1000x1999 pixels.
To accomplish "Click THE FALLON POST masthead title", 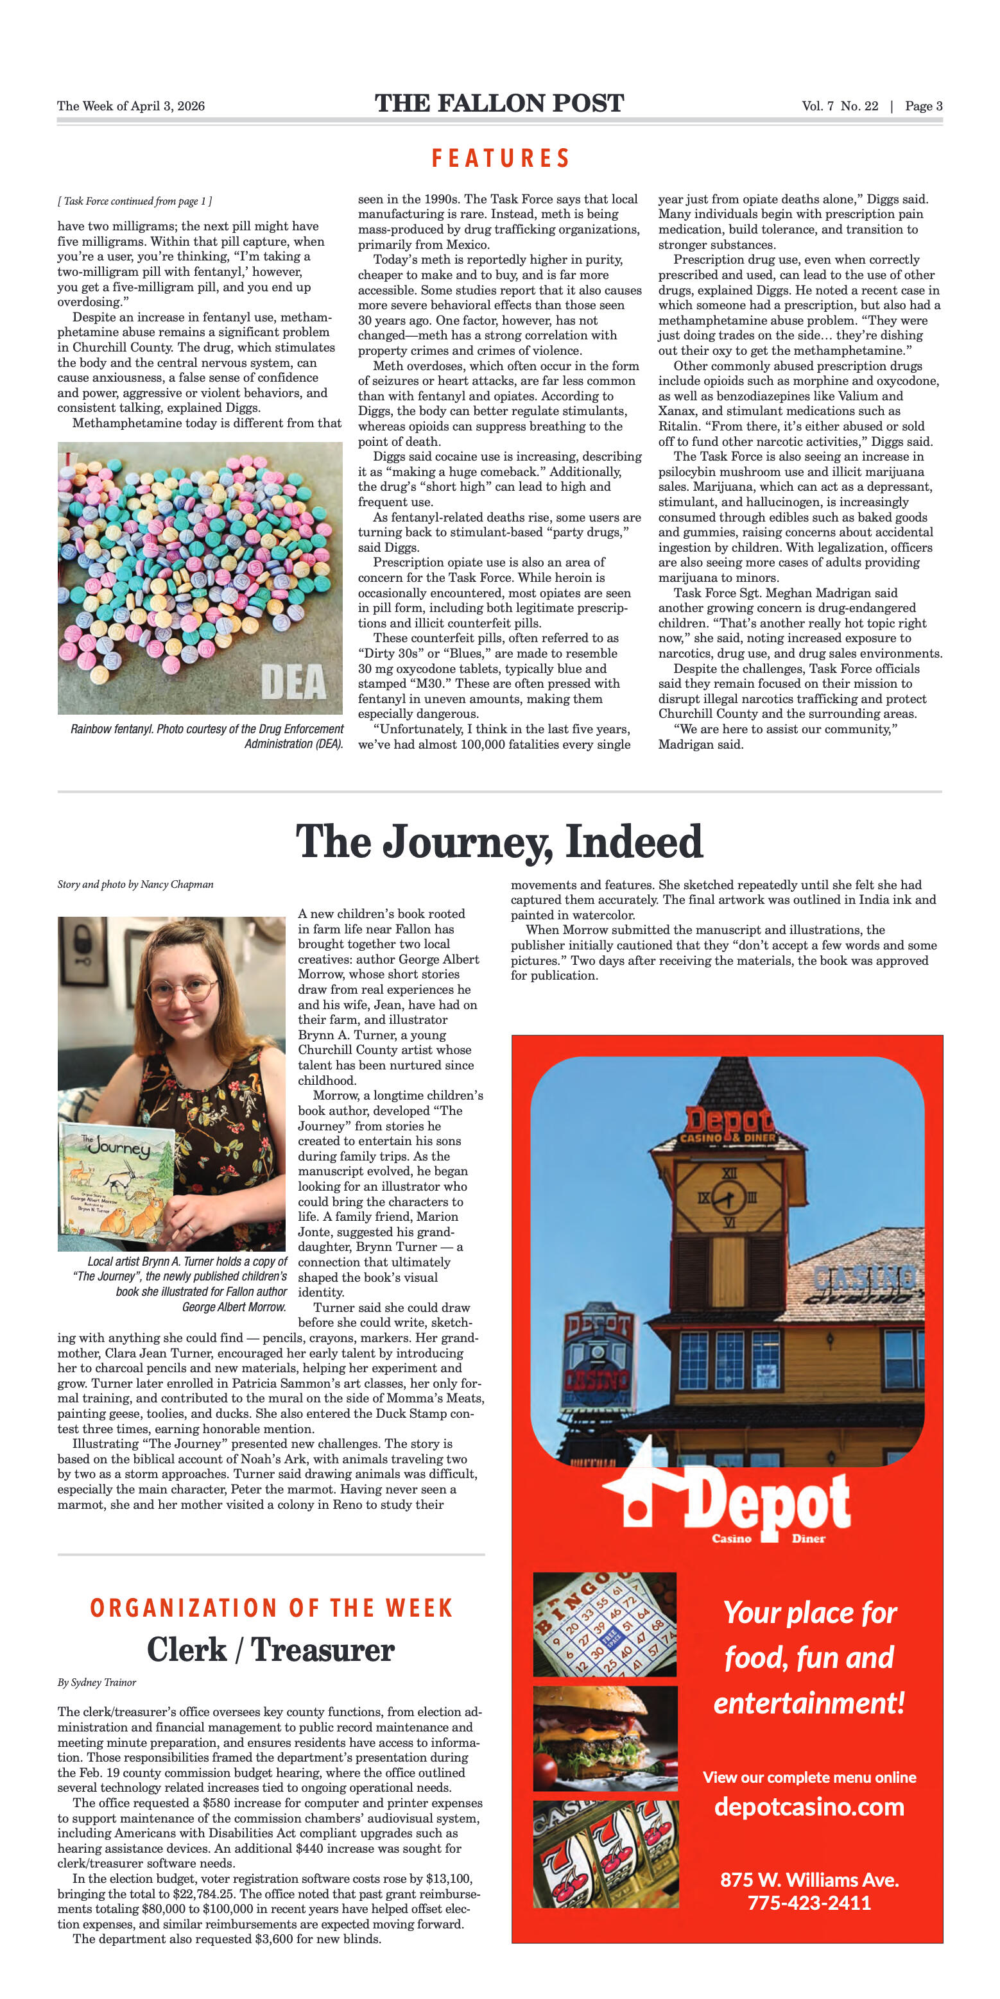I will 499,104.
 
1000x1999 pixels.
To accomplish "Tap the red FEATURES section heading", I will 501,158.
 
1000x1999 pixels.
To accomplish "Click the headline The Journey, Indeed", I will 499,842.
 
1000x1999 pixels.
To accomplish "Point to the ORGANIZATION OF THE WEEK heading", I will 271,1607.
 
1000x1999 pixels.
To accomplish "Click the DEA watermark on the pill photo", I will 293,682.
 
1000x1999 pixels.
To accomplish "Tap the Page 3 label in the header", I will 923,106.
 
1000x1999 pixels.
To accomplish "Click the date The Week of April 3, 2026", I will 130,106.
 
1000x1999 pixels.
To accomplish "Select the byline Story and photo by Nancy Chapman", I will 135,885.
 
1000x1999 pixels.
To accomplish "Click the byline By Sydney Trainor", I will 96,1682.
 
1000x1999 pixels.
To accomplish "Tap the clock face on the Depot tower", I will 728,1197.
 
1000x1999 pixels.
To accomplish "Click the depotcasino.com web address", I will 809,1807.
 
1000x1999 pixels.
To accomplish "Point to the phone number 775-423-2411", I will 809,1903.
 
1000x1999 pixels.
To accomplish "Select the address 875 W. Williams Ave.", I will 809,1880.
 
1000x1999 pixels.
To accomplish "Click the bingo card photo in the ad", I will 604,1624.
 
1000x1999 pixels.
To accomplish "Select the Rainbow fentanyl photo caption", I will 207,736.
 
